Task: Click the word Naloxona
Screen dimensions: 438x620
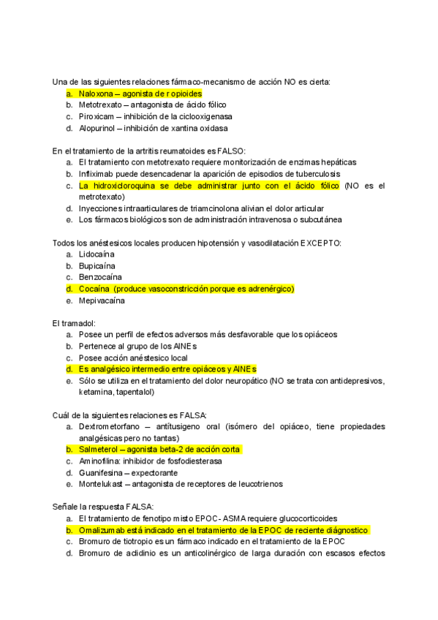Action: click(96, 94)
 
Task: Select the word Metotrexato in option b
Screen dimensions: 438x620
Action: click(99, 105)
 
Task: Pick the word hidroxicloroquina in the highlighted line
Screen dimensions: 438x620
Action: click(122, 186)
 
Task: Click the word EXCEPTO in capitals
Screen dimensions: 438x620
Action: click(320, 243)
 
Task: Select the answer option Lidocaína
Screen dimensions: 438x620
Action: click(97, 254)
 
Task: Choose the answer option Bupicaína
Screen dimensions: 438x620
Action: click(97, 265)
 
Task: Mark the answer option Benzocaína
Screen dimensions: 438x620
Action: click(100, 277)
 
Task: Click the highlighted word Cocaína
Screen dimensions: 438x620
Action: click(94, 289)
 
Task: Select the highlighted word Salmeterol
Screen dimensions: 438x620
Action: click(97, 449)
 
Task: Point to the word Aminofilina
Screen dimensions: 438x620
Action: click(99, 461)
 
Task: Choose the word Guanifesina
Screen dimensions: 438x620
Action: click(100, 472)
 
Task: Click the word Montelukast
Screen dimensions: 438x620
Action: click(100, 484)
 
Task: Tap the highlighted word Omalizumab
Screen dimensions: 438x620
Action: click(102, 530)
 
